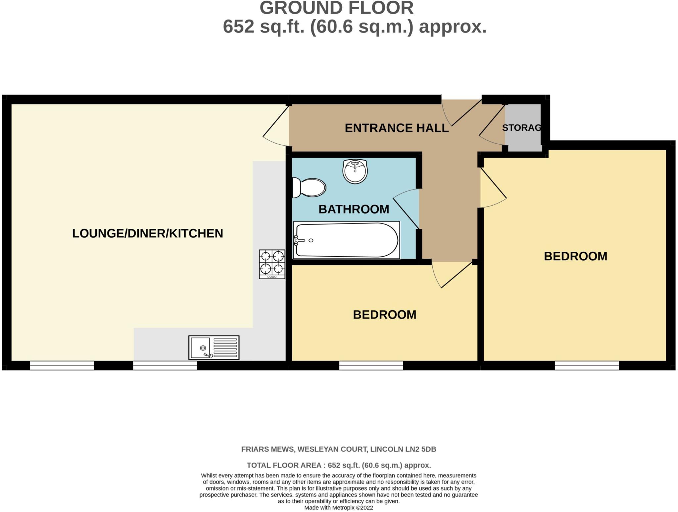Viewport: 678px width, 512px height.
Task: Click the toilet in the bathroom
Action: tap(309, 187)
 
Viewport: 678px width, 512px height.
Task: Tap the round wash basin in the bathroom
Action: tap(355, 171)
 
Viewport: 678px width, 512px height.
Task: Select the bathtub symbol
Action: tap(346, 240)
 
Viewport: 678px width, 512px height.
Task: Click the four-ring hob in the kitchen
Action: tap(272, 264)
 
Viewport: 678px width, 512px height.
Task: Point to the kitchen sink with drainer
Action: tap(214, 347)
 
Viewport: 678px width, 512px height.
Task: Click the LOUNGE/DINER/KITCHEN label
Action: tap(148, 233)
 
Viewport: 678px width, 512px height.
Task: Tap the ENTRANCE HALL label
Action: tap(396, 128)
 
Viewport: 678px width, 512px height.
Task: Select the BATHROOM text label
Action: tap(354, 209)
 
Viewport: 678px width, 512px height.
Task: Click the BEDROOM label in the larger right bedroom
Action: tap(575, 256)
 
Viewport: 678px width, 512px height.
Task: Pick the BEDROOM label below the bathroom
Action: tap(384, 315)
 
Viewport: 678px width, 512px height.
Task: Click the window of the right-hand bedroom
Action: tap(587, 365)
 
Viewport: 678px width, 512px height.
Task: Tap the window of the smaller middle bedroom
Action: tap(371, 365)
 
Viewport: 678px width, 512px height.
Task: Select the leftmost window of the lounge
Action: tap(62, 365)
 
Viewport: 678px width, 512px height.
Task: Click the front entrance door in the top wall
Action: tap(462, 113)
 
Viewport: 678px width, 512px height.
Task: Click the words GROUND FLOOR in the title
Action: tap(336, 8)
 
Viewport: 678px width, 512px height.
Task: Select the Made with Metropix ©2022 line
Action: tap(338, 508)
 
